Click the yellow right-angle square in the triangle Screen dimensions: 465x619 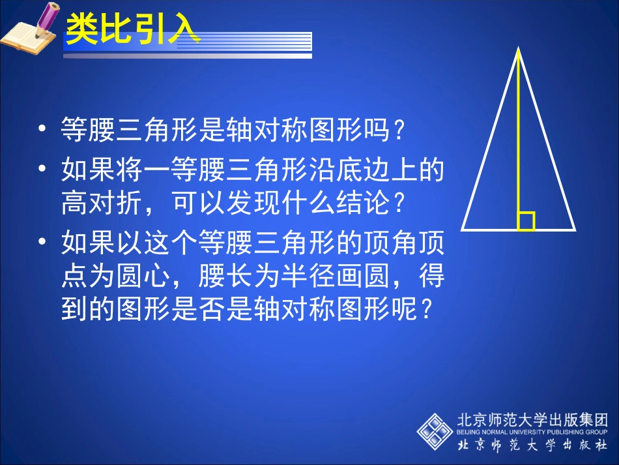pyautogui.click(x=526, y=222)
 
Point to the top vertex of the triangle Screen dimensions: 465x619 pyautogui.click(x=519, y=48)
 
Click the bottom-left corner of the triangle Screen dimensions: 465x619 pyautogui.click(x=463, y=230)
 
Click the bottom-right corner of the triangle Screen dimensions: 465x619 pyautogui.click(x=574, y=230)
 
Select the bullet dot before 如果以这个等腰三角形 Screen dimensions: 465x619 pyautogui.click(x=43, y=243)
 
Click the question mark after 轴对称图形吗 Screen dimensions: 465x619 pyautogui.click(x=401, y=129)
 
